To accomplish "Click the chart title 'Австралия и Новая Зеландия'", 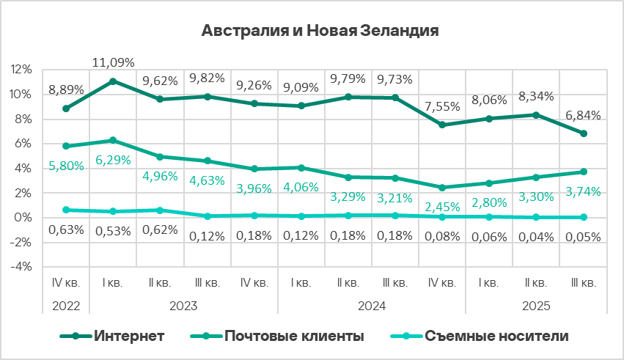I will (x=320, y=32).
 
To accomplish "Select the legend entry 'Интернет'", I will (x=128, y=336).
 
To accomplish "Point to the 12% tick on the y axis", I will (x=22, y=70).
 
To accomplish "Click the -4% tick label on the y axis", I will (x=21, y=267).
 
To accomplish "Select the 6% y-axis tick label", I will (x=23, y=144).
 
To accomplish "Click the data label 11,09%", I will (x=113, y=64).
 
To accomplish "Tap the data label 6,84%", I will (x=584, y=115).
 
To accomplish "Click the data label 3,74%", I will (x=584, y=192).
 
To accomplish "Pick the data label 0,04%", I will (x=537, y=237).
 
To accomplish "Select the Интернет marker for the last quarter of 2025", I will (x=584, y=133).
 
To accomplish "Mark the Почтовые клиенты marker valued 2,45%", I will (x=442, y=188).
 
